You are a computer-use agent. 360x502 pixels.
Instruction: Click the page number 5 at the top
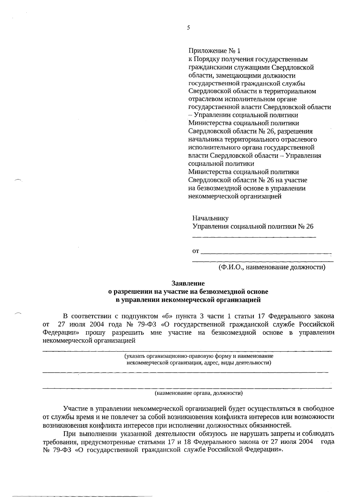[x=188, y=28]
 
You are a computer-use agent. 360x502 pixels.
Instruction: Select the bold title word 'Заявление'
[x=188, y=283]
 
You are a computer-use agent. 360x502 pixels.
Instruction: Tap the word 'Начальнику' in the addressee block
[x=210, y=218]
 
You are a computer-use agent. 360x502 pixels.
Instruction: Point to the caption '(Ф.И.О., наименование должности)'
[x=272, y=267]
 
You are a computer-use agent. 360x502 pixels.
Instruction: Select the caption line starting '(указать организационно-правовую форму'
[x=199, y=356]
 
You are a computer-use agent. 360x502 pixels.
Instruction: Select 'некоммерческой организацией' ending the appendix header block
[x=235, y=197]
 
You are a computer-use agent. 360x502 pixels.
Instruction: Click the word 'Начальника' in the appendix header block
[x=203, y=140]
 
